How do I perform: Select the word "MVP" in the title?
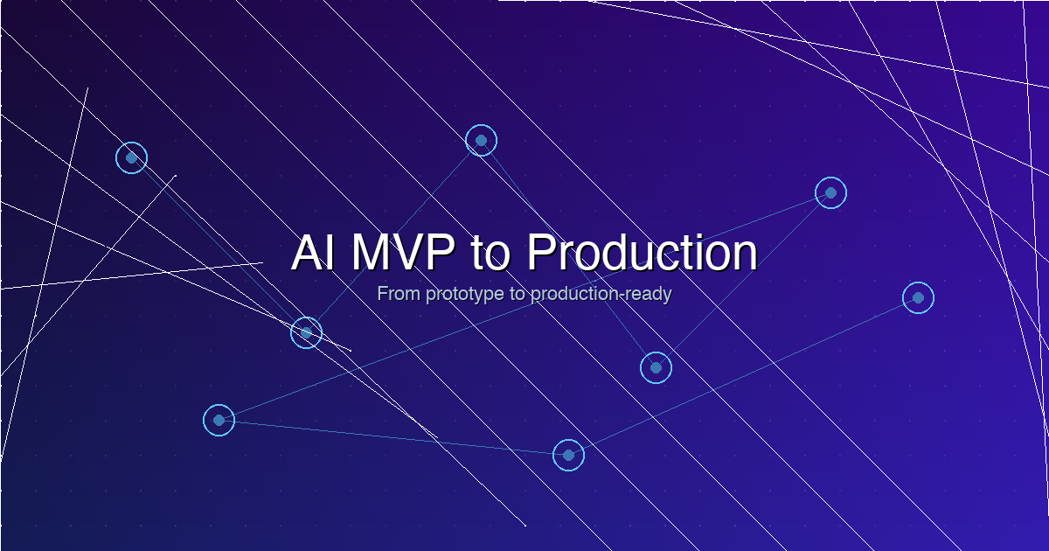403,253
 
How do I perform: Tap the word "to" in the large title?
491,253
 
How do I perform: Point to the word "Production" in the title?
642,253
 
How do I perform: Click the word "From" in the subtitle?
399,294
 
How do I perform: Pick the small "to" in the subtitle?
518,294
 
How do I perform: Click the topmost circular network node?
481,140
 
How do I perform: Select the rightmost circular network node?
918,297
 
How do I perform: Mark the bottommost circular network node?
568,455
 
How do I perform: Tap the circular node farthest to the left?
131,157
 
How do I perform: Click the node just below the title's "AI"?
306,332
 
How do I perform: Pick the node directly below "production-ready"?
656,367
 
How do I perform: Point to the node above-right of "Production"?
830,192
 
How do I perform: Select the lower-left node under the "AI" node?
219,420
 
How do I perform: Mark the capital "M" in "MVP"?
371,253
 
